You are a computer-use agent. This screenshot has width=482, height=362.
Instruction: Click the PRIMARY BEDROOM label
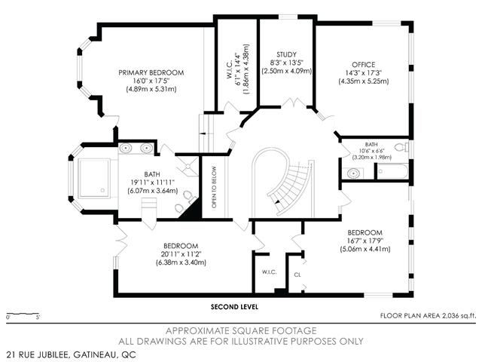pos(151,73)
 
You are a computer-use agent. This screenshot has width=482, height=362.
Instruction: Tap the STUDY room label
pos(286,55)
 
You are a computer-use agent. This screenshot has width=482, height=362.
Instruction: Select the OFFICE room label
pos(364,65)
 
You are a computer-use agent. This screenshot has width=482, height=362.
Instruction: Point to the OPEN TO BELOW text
pos(214,188)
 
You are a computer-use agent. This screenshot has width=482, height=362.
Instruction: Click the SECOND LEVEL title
pos(234,307)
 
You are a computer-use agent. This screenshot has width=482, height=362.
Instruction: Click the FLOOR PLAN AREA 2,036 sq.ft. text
pos(428,316)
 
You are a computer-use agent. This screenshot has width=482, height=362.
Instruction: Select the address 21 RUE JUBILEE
pos(38,354)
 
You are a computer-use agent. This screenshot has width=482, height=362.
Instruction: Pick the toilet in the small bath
pos(401,147)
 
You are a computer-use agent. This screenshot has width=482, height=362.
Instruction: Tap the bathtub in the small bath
pos(393,171)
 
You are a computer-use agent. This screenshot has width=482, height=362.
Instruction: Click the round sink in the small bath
pos(353,173)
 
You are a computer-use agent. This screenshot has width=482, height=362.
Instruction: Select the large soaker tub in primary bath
pos(94,178)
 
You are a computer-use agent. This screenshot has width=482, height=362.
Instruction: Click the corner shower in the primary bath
pos(187,166)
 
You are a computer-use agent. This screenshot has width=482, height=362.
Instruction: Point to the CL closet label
pos(297,275)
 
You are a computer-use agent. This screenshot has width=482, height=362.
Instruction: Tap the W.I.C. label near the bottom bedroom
pos(270,272)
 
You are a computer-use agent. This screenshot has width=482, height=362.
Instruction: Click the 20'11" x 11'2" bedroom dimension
pos(181,254)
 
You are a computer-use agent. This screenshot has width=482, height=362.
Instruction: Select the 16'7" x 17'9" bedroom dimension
pos(365,241)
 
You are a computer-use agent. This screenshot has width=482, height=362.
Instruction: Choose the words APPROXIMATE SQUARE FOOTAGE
pos(241,331)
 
